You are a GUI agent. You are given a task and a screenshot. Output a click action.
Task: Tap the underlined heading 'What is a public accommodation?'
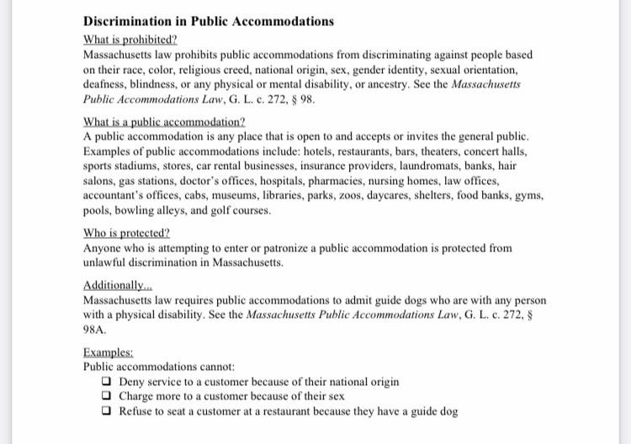pos(158,121)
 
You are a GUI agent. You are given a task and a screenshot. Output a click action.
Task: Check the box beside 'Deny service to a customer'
pos(107,381)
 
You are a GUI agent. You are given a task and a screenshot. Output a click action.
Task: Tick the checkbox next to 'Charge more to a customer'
pos(107,396)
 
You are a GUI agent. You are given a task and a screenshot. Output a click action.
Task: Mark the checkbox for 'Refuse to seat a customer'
pos(107,411)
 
